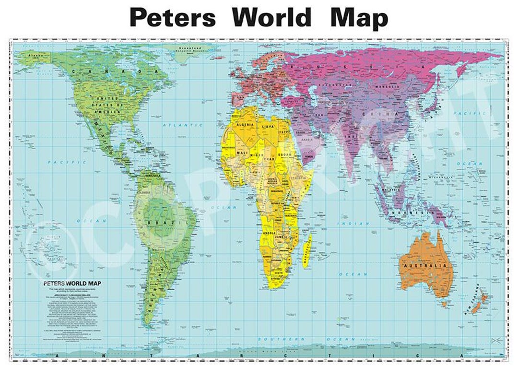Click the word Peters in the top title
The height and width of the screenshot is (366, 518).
pyautogui.click(x=173, y=18)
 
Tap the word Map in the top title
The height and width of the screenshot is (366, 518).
pyautogui.click(x=359, y=18)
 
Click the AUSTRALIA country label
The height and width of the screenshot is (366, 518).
pyautogui.click(x=425, y=265)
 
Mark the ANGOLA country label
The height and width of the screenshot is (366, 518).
pyautogui.click(x=266, y=233)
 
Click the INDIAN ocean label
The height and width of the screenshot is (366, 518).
pyautogui.click(x=353, y=224)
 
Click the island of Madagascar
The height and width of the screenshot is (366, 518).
pyautogui.click(x=306, y=249)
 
